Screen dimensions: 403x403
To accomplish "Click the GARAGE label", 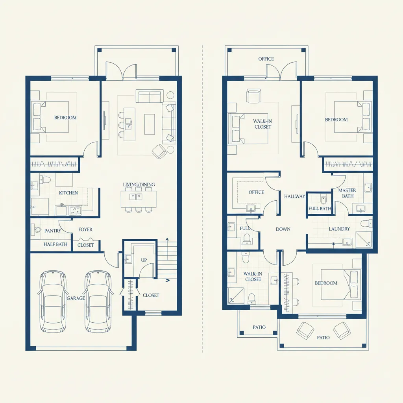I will pos(76,298).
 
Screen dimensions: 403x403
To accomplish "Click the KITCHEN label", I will pos(68,193).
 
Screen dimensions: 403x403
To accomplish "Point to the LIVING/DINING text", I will pos(139,185).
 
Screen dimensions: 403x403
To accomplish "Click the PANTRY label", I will pos(53,231).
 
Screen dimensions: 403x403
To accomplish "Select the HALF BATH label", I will pos(55,244).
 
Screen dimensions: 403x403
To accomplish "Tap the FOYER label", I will pos(85,229).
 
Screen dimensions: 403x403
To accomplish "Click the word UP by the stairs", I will pos(144,260).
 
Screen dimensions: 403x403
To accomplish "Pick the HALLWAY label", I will pos(295,196).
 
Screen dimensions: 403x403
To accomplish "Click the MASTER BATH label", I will pos(347,193).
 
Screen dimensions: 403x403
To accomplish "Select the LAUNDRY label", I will pos(339,229).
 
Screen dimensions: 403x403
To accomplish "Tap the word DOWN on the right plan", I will pos(283,229).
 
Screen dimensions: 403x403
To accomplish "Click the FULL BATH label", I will pos(320,209).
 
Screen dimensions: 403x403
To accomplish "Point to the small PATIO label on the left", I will pos(259,327).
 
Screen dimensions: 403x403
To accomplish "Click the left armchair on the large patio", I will pos(304,330).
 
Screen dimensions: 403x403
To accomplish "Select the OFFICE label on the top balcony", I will pos(266,59).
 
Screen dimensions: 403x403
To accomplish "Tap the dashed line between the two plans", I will pos(202,197).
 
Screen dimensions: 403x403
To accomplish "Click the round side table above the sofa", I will pos(170,95).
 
